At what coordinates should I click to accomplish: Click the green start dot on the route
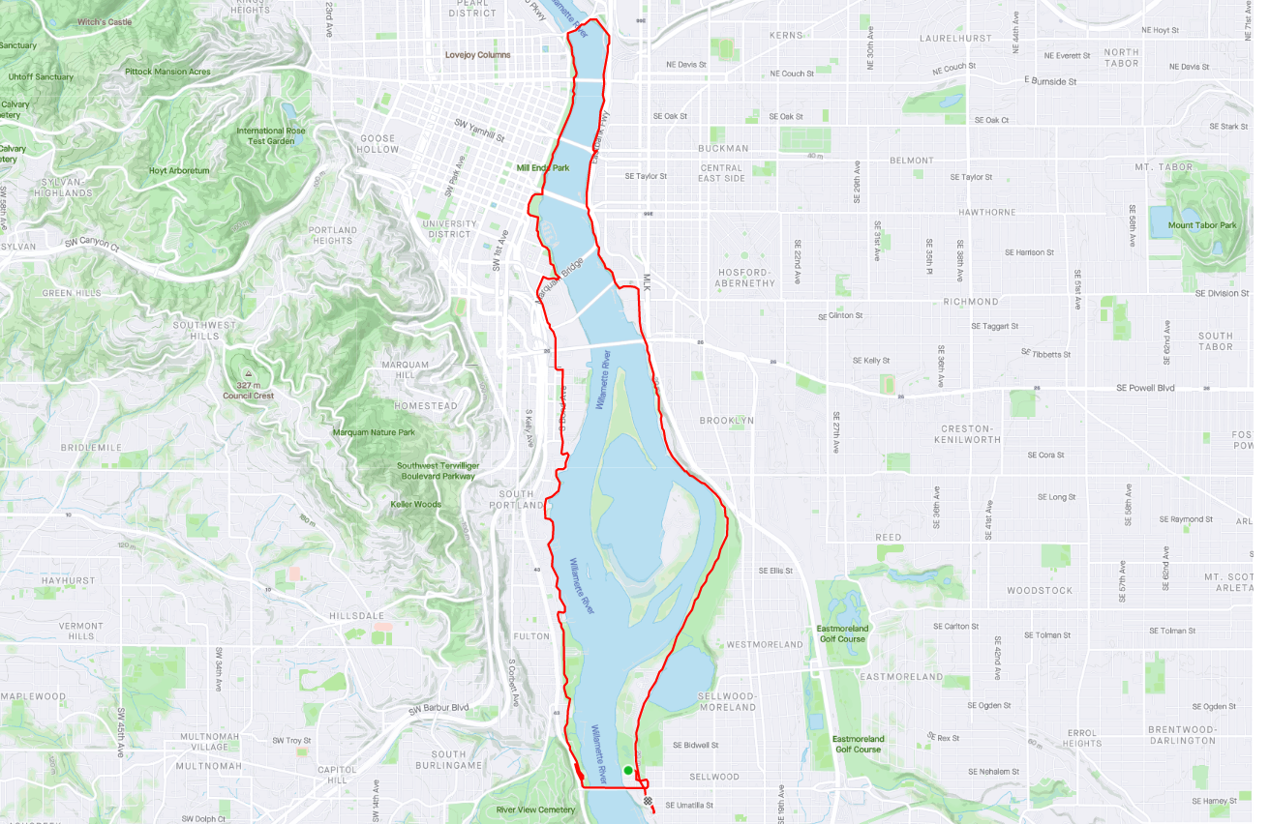coord(628,771)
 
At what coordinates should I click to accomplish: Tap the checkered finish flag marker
coord(647,801)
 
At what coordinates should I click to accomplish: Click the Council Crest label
coord(249,396)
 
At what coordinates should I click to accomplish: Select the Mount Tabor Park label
coord(1201,225)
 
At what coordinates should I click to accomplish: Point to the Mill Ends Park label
coord(543,167)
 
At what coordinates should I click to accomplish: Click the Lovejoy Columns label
coord(477,55)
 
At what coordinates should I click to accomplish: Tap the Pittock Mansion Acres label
coord(167,72)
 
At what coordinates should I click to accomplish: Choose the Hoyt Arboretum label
coord(179,171)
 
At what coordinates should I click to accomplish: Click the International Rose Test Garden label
coord(271,136)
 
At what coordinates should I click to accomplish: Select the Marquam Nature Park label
coord(374,432)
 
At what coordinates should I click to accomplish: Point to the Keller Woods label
coord(415,505)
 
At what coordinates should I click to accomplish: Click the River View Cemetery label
coord(535,809)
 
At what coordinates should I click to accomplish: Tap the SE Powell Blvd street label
coord(1145,388)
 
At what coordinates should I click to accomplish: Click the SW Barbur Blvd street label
coord(438,708)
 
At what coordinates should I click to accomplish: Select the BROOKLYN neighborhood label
coord(726,421)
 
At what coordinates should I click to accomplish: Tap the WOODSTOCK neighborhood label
coord(1040,590)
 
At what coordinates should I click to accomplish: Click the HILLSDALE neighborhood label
coord(356,615)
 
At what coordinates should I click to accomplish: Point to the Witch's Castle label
coord(105,21)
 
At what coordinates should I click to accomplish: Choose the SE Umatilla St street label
coord(689,805)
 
